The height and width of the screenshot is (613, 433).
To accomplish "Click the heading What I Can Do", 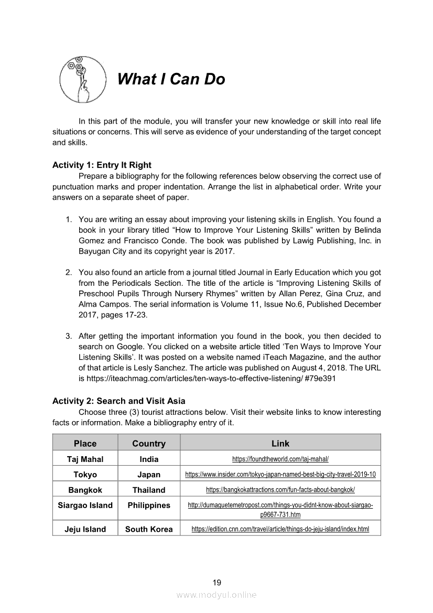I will coord(171,79).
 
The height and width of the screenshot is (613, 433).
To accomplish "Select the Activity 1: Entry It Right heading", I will coord(102,165).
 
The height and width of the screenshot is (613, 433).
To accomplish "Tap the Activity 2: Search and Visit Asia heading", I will coord(118,401).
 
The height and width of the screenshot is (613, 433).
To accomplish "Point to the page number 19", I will coord(216,582).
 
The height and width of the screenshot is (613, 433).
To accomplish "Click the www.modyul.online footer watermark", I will coord(216,595).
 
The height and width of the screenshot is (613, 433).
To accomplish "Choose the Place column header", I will coord(85,444).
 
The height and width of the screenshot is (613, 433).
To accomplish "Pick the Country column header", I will coord(149,444).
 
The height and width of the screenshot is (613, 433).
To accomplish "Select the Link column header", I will coord(280,444).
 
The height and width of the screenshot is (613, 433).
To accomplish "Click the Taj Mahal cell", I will coord(85,459).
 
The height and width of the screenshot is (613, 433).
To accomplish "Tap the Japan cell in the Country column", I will coord(149,475).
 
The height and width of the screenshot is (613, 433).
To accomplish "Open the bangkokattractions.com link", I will coord(280,490).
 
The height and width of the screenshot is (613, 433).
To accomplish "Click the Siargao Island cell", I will coord(85,506).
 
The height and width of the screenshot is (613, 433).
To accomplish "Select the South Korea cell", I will coord(149,529).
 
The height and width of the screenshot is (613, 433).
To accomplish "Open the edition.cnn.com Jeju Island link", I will coord(280,529).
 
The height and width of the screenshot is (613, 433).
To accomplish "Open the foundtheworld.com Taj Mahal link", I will coord(280,459).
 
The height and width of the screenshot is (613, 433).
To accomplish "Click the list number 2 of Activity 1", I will coord(69,273).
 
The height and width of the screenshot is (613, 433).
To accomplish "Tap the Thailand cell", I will coord(149,490).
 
